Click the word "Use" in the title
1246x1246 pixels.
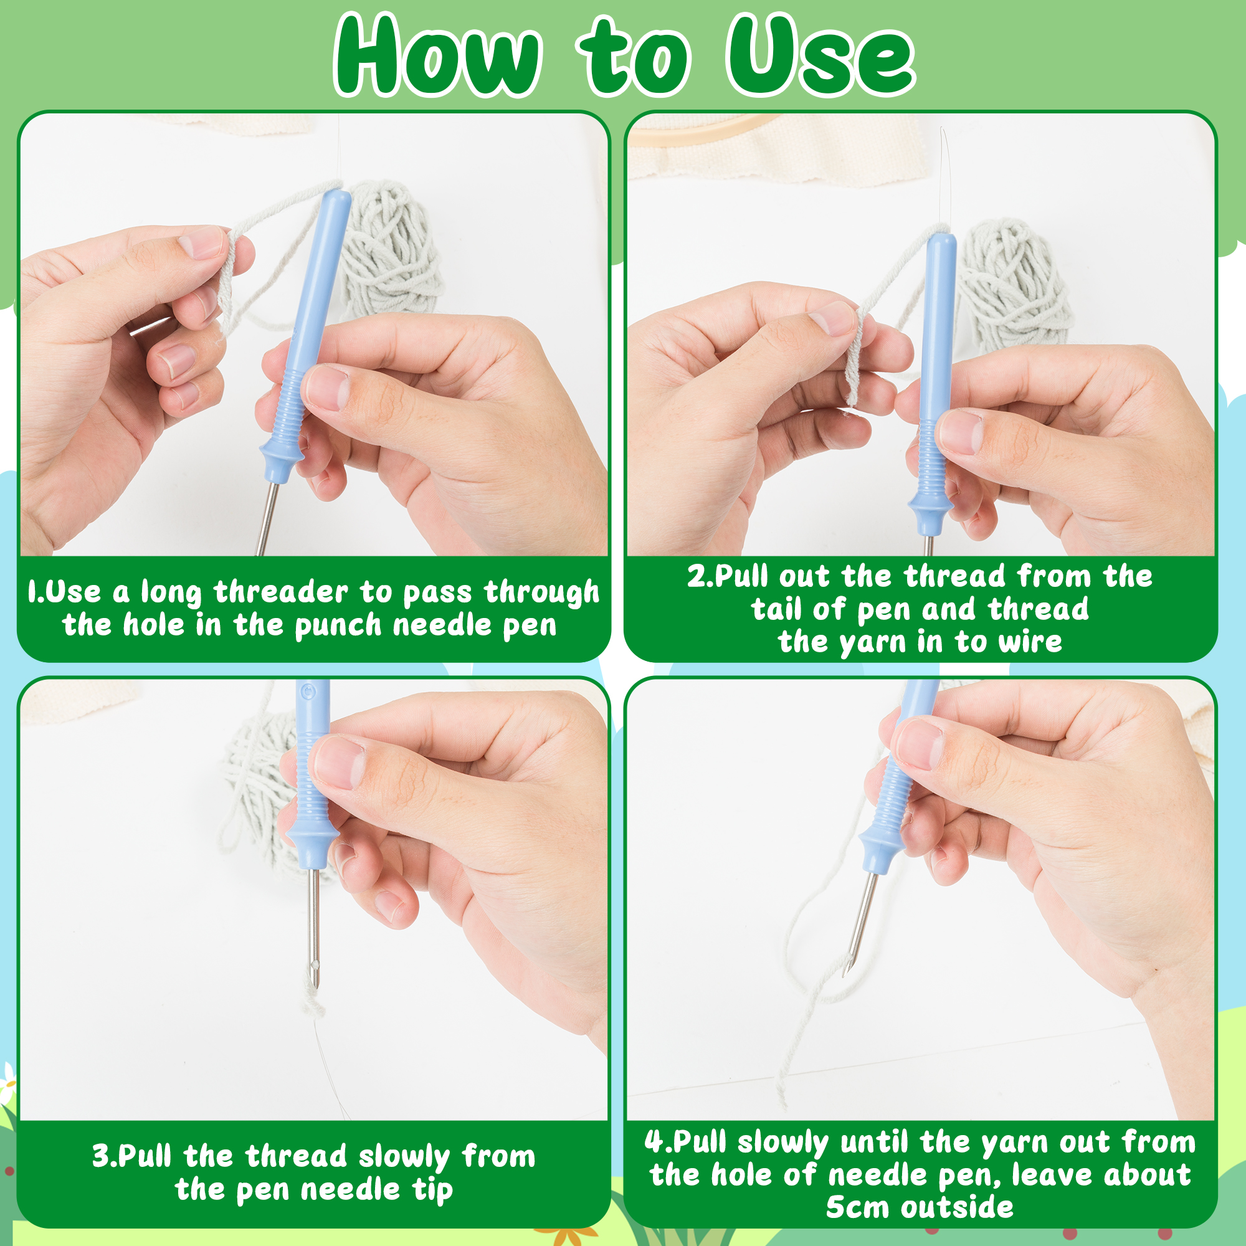(820, 55)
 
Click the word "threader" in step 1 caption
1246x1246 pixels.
(280, 591)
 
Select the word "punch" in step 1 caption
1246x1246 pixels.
(338, 626)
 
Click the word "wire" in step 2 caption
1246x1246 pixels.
(1030, 642)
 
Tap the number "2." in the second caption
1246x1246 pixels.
(700, 576)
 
